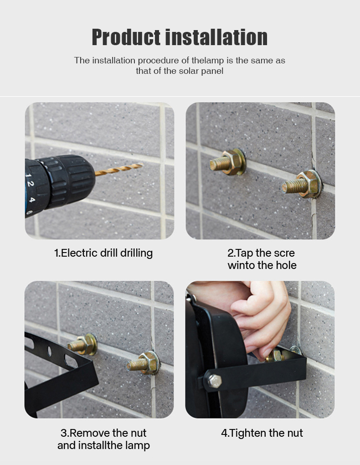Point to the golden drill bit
(x=118, y=169)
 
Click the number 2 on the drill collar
(x=30, y=184)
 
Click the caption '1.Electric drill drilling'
(x=103, y=253)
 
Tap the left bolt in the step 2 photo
(x=228, y=162)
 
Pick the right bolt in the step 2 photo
(x=302, y=184)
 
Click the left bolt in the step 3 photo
(x=82, y=344)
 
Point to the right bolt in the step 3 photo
(x=144, y=362)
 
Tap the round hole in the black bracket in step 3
(x=49, y=351)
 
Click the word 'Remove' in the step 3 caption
(x=89, y=433)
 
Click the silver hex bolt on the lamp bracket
(x=214, y=381)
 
